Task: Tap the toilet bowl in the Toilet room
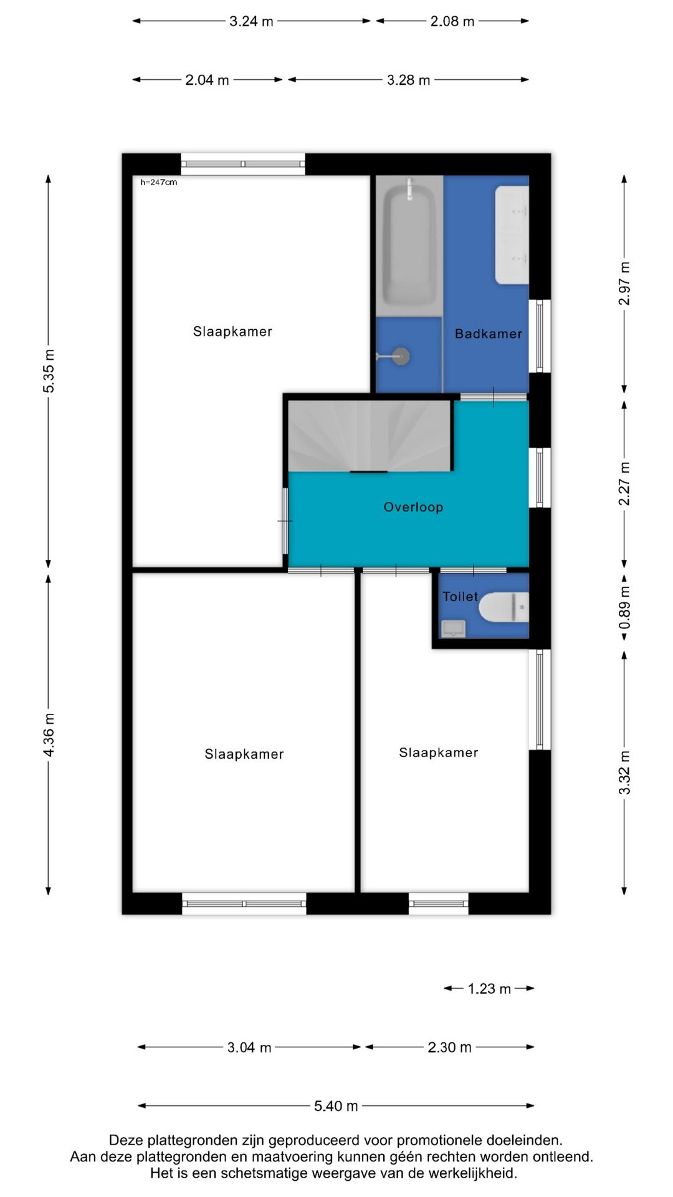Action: (x=504, y=607)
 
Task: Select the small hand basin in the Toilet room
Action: (x=453, y=628)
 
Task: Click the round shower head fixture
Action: (x=403, y=357)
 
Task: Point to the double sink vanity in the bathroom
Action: (x=512, y=234)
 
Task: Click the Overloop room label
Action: (x=413, y=507)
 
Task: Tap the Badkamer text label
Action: (x=489, y=334)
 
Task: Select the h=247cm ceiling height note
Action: (x=159, y=182)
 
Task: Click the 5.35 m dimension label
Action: (x=49, y=371)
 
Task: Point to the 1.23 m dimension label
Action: (x=489, y=989)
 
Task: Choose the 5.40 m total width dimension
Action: (x=336, y=1106)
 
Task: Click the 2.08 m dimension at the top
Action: (x=452, y=21)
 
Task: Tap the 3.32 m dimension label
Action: (x=624, y=772)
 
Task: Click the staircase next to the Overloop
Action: (x=370, y=436)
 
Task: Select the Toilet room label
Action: (x=461, y=597)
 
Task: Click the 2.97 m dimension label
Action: (x=624, y=284)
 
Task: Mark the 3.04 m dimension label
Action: (x=249, y=1047)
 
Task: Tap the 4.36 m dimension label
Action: (x=49, y=735)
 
